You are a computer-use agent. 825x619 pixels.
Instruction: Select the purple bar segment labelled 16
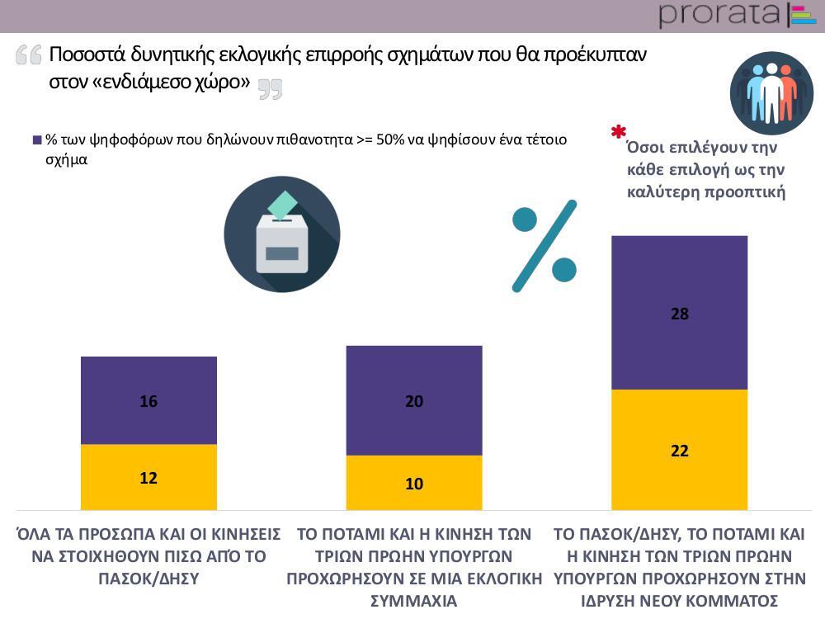pyautogui.click(x=148, y=400)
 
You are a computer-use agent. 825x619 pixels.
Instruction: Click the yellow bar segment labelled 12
pyautogui.click(x=148, y=477)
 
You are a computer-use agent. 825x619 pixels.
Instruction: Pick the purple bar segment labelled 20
pyautogui.click(x=414, y=400)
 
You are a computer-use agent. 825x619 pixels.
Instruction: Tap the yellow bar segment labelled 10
pyautogui.click(x=414, y=483)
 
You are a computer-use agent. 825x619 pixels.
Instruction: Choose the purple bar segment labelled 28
pyautogui.click(x=679, y=313)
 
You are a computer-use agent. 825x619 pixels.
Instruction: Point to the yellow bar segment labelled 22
pyautogui.click(x=679, y=450)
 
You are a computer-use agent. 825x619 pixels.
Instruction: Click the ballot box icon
pyautogui.click(x=281, y=234)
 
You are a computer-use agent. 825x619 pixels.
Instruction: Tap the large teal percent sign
pyautogui.click(x=544, y=245)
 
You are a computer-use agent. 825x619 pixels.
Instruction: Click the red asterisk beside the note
pyautogui.click(x=618, y=133)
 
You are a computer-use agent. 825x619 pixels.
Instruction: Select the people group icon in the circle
pyautogui.click(x=771, y=93)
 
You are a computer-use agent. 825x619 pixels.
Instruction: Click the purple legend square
pyautogui.click(x=37, y=140)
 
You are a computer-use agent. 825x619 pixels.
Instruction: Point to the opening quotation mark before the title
pyautogui.click(x=28, y=55)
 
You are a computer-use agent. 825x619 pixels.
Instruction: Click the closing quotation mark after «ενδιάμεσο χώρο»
pyautogui.click(x=270, y=89)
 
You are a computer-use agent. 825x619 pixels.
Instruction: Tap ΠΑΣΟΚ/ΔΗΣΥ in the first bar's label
pyautogui.click(x=148, y=578)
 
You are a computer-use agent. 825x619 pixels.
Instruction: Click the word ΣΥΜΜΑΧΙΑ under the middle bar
pyautogui.click(x=414, y=600)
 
